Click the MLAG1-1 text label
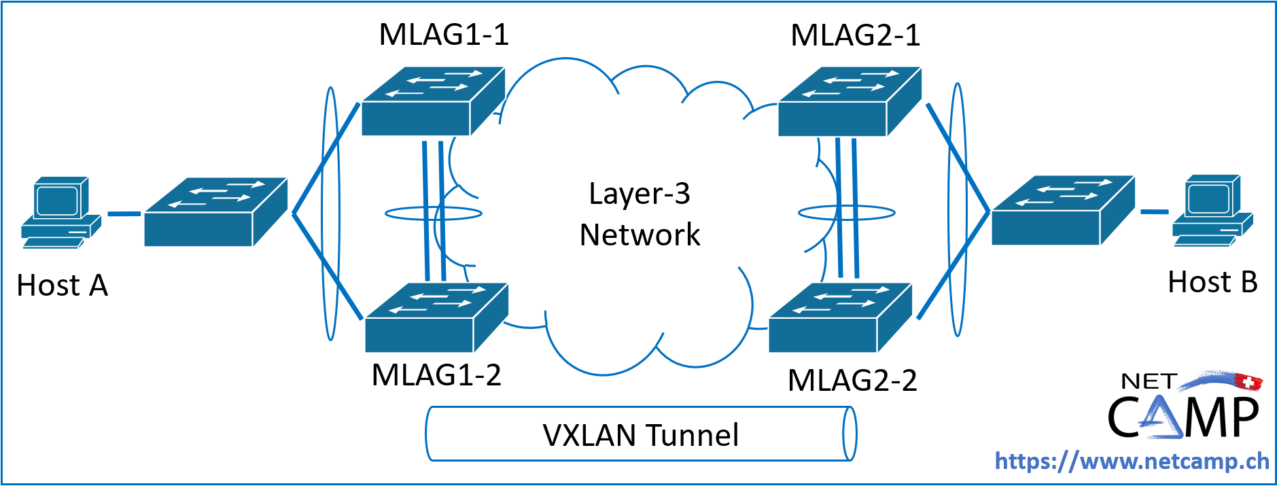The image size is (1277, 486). (443, 35)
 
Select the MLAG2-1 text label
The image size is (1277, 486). (855, 35)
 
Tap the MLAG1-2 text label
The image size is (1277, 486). (436, 375)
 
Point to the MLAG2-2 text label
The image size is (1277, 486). (852, 381)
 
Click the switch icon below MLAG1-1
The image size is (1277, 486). (432, 102)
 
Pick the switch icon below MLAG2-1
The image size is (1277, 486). (849, 102)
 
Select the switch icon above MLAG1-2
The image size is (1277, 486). (436, 317)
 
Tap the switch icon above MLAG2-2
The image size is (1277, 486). (840, 317)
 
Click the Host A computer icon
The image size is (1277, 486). (60, 211)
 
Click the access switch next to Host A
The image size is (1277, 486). (215, 211)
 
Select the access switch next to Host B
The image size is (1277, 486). (1062, 210)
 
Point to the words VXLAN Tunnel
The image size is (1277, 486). (640, 435)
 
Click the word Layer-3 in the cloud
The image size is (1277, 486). (640, 194)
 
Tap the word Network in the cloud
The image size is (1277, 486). (640, 235)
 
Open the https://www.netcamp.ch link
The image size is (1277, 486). (1132, 462)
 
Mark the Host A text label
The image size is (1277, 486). (63, 285)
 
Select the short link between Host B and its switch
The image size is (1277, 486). (1153, 212)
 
